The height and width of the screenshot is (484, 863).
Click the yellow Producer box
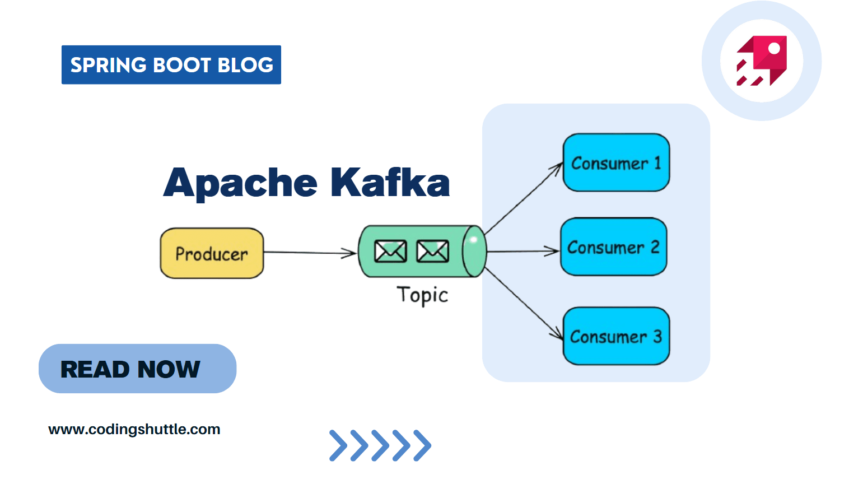212,253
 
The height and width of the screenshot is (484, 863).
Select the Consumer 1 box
616,162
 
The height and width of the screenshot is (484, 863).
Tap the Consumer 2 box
613,246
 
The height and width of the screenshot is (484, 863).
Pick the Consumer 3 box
616,336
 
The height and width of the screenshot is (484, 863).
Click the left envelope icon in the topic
390,252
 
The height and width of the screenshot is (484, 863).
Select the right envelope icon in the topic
432,252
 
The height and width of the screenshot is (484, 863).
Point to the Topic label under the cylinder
422,295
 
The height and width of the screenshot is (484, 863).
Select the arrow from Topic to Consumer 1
524,198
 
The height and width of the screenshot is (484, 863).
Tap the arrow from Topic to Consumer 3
524,304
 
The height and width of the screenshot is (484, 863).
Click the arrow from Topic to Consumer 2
523,252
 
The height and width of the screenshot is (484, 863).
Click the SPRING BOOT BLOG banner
171,65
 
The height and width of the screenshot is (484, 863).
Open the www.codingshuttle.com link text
134,430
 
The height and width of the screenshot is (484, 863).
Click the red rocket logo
762,61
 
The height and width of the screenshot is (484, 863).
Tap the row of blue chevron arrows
380,445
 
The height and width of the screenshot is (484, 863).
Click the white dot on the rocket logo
774,49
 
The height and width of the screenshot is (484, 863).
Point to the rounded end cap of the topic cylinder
474,252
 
